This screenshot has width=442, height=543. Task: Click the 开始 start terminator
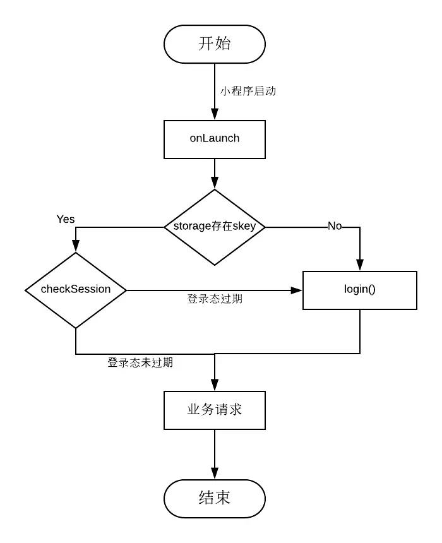pos(215,44)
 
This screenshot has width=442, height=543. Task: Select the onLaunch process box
pos(215,139)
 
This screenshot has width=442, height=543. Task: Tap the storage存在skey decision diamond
pos(215,227)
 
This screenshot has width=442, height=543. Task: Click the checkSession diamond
pos(76,290)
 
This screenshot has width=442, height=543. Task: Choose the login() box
pos(360,290)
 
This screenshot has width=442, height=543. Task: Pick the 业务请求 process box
pos(215,410)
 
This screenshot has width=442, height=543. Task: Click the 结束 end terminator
pos(215,498)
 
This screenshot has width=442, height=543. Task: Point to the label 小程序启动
pos(248,91)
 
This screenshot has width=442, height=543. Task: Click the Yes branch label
pos(66,219)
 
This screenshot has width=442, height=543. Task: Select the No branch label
pos(335,226)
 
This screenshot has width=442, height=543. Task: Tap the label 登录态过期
pos(215,299)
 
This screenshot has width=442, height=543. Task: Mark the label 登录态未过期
pos(140,363)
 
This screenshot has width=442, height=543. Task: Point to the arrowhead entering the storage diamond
pos(215,184)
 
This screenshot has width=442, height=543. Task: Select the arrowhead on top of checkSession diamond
pos(76,247)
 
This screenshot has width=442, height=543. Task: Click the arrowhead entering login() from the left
pos(297,290)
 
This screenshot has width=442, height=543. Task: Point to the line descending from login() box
pos(360,331)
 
